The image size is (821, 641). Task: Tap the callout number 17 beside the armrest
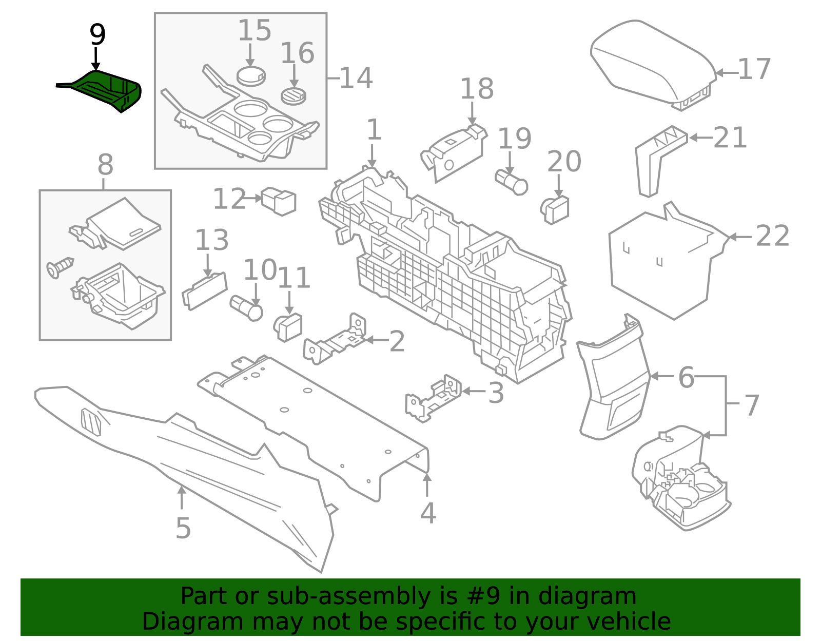click(754, 69)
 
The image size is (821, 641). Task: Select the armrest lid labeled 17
click(654, 64)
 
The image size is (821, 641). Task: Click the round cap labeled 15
click(251, 76)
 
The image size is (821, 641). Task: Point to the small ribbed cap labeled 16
click(294, 96)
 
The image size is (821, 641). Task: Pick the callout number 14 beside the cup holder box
click(356, 78)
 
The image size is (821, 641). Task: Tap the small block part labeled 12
click(279, 201)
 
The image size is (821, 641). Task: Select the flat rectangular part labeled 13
click(205, 290)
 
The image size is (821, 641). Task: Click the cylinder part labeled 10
click(246, 308)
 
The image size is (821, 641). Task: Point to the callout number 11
click(294, 278)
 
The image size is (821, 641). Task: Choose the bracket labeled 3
click(434, 398)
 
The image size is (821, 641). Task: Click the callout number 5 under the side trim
click(183, 528)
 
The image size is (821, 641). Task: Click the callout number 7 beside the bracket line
click(752, 405)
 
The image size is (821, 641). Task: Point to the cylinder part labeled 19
click(511, 182)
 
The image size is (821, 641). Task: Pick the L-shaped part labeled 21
click(659, 161)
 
